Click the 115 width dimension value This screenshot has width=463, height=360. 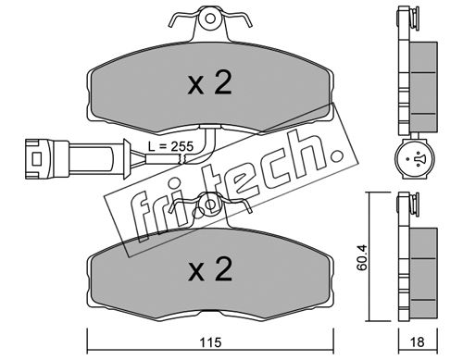pyautogui.click(x=210, y=342)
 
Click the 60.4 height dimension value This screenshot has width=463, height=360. pyautogui.click(x=362, y=257)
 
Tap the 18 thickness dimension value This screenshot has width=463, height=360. pyautogui.click(x=418, y=341)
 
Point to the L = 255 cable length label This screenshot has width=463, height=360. pyautogui.click(x=170, y=146)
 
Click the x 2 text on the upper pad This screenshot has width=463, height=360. pyautogui.click(x=209, y=83)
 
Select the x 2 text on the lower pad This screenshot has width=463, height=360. pyautogui.click(x=210, y=270)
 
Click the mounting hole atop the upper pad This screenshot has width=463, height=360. pyautogui.click(x=210, y=19)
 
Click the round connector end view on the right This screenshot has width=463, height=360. pyautogui.click(x=415, y=159)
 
